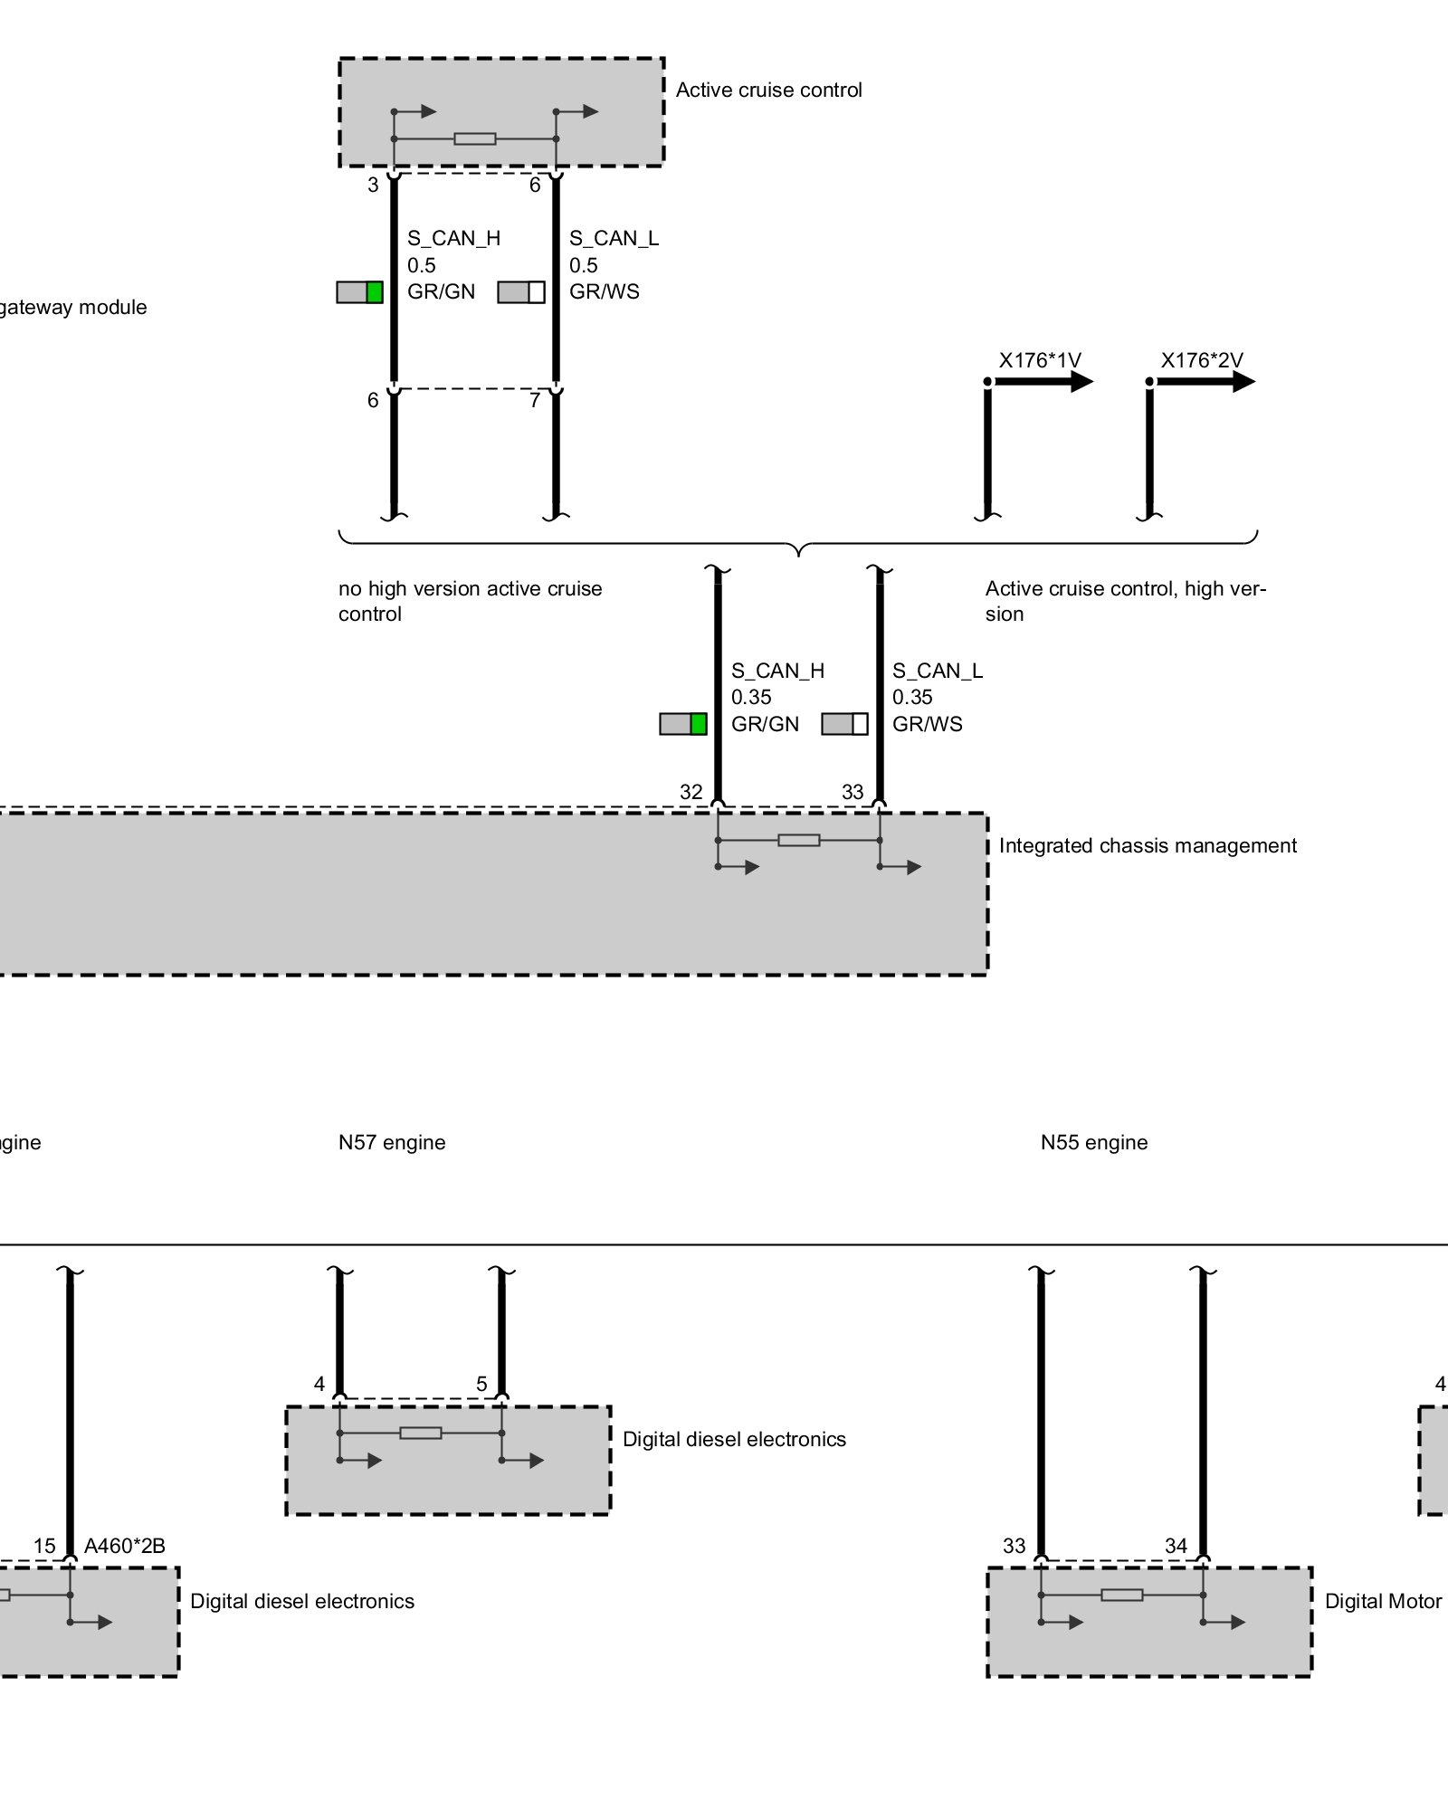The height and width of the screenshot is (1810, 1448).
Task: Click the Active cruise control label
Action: [x=768, y=90]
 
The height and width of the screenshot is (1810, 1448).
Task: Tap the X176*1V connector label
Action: [x=1039, y=360]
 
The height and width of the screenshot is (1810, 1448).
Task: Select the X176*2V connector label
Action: [x=1201, y=360]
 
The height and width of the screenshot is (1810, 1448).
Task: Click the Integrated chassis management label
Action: [x=1147, y=845]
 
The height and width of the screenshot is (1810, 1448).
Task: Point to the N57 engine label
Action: [x=392, y=1142]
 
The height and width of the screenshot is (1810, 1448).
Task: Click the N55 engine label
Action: [x=1093, y=1142]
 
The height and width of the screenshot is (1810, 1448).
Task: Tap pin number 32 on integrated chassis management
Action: [x=691, y=792]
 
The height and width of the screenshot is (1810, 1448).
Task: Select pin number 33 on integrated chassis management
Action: [x=853, y=792]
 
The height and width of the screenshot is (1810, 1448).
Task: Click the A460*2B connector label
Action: [x=125, y=1546]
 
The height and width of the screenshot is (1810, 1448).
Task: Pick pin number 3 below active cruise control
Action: [x=373, y=186]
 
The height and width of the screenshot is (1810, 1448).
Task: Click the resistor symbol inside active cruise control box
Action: [x=474, y=138]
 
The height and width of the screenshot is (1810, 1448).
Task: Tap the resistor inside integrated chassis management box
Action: [x=798, y=840]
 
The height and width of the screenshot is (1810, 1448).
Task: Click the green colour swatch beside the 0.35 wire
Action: [x=698, y=724]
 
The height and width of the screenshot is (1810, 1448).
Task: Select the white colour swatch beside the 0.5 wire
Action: [x=537, y=292]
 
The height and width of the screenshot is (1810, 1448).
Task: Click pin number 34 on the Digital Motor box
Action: [x=1176, y=1546]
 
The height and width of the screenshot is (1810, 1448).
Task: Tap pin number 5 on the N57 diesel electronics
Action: [x=481, y=1384]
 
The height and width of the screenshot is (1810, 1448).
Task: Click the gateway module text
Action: [x=72, y=308]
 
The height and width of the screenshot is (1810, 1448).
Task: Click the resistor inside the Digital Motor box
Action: [x=1121, y=1595]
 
